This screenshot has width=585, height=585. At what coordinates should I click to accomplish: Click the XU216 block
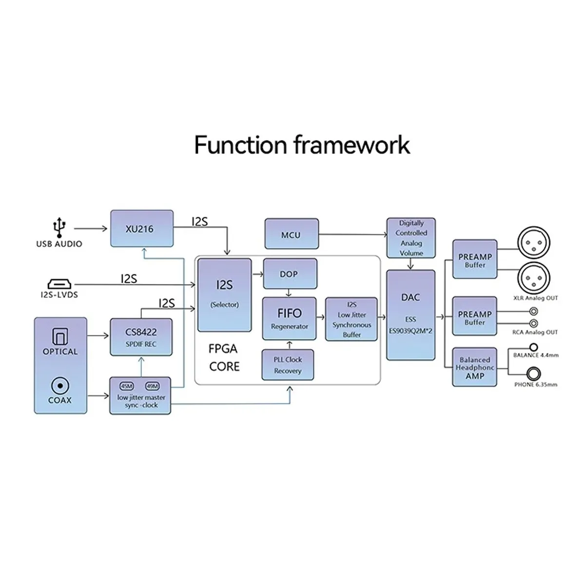[142, 228]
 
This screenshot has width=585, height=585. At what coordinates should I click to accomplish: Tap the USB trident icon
[59, 227]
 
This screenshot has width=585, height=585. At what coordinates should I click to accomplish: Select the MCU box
[292, 234]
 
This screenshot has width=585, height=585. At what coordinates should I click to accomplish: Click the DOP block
[290, 273]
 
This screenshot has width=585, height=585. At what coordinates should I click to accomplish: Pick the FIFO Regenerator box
[289, 318]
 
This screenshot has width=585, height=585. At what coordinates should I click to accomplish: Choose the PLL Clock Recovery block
[288, 365]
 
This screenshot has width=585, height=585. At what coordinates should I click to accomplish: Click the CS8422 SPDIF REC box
[141, 337]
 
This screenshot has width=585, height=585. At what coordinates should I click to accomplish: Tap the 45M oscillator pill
[127, 386]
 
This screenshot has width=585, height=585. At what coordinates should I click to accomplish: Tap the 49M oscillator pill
[152, 386]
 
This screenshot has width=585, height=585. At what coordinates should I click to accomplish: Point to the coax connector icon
[60, 386]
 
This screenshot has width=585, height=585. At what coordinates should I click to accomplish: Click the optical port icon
[60, 336]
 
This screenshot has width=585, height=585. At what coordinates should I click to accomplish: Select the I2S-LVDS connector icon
[59, 284]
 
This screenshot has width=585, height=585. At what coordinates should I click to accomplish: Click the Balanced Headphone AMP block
[474, 367]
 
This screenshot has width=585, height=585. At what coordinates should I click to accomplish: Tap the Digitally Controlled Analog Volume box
[411, 238]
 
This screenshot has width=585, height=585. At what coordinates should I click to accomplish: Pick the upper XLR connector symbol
[534, 243]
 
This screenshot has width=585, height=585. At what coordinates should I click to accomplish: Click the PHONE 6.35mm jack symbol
[533, 374]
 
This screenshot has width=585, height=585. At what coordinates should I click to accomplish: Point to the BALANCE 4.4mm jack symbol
[533, 347]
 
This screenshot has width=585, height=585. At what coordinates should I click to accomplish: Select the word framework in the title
[352, 145]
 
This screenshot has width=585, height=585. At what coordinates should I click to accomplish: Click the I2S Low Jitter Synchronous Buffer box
[351, 319]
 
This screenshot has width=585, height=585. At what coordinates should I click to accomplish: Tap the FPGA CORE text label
[224, 358]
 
